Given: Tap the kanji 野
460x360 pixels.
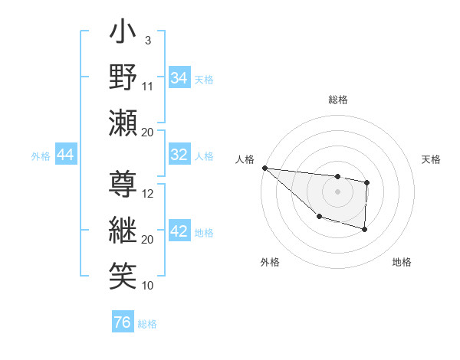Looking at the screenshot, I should (123, 77).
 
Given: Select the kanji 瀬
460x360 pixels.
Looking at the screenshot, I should (123, 122).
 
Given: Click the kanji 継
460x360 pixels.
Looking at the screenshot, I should (123, 229).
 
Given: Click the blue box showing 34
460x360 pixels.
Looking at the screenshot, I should (179, 78).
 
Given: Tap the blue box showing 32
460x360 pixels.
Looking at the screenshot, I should (179, 155).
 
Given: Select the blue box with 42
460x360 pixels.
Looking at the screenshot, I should (179, 231).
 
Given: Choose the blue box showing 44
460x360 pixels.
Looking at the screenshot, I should (65, 155).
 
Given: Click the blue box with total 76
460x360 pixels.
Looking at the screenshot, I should (122, 322).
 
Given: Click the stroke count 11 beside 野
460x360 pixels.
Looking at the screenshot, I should (148, 86).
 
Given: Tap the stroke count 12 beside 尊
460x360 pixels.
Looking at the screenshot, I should (149, 193).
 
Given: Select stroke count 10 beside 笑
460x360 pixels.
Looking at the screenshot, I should (149, 286).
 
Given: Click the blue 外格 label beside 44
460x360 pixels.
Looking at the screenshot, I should (41, 156).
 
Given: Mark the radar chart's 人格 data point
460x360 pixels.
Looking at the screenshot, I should (264, 168).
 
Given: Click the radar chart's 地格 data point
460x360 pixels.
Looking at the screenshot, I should (364, 229).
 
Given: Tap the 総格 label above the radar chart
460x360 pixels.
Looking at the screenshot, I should (337, 100).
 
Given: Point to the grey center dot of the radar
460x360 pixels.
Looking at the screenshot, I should (337, 191).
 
